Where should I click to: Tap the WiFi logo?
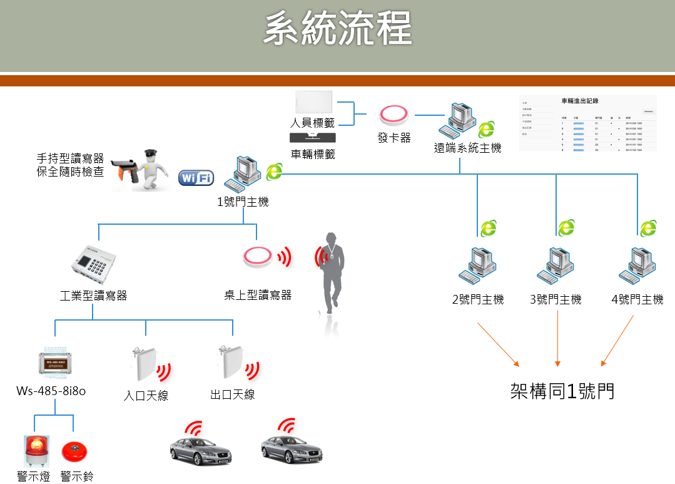coord(196,178)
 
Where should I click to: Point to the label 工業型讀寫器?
coord(93,296)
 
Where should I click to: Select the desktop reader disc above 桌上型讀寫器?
coord(258,257)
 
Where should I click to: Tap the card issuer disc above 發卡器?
coord(394,115)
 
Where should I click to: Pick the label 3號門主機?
coord(556,300)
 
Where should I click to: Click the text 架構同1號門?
coord(562,391)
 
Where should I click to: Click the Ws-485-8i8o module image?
coord(54,363)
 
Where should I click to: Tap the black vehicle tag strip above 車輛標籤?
coord(313,138)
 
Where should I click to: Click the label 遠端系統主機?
coord(467,148)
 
